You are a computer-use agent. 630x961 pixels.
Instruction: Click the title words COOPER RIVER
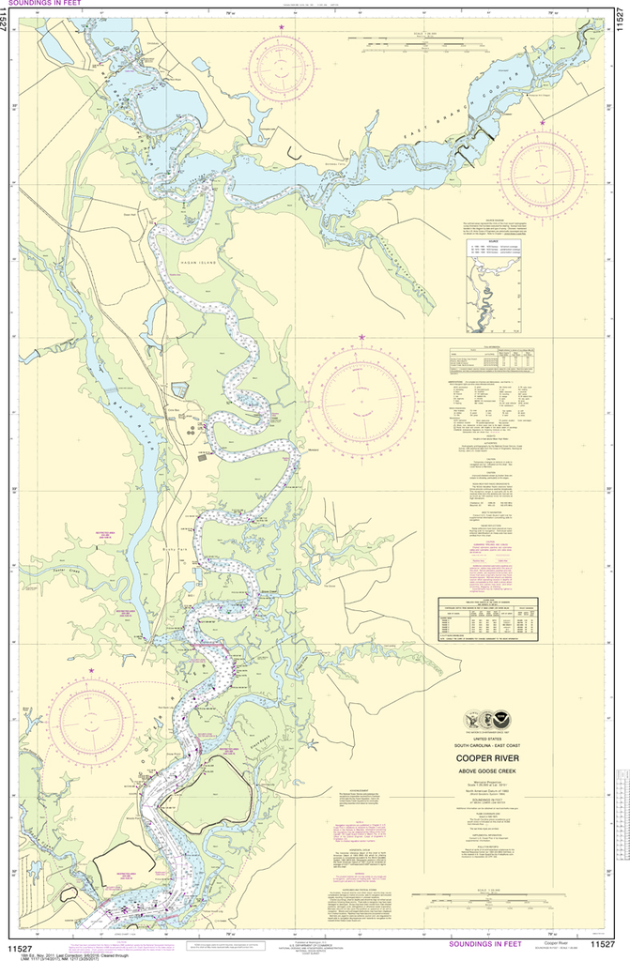point(489,757)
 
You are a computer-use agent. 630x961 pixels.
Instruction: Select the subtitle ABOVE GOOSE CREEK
point(489,773)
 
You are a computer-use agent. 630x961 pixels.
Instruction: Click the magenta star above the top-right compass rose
point(543,122)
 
